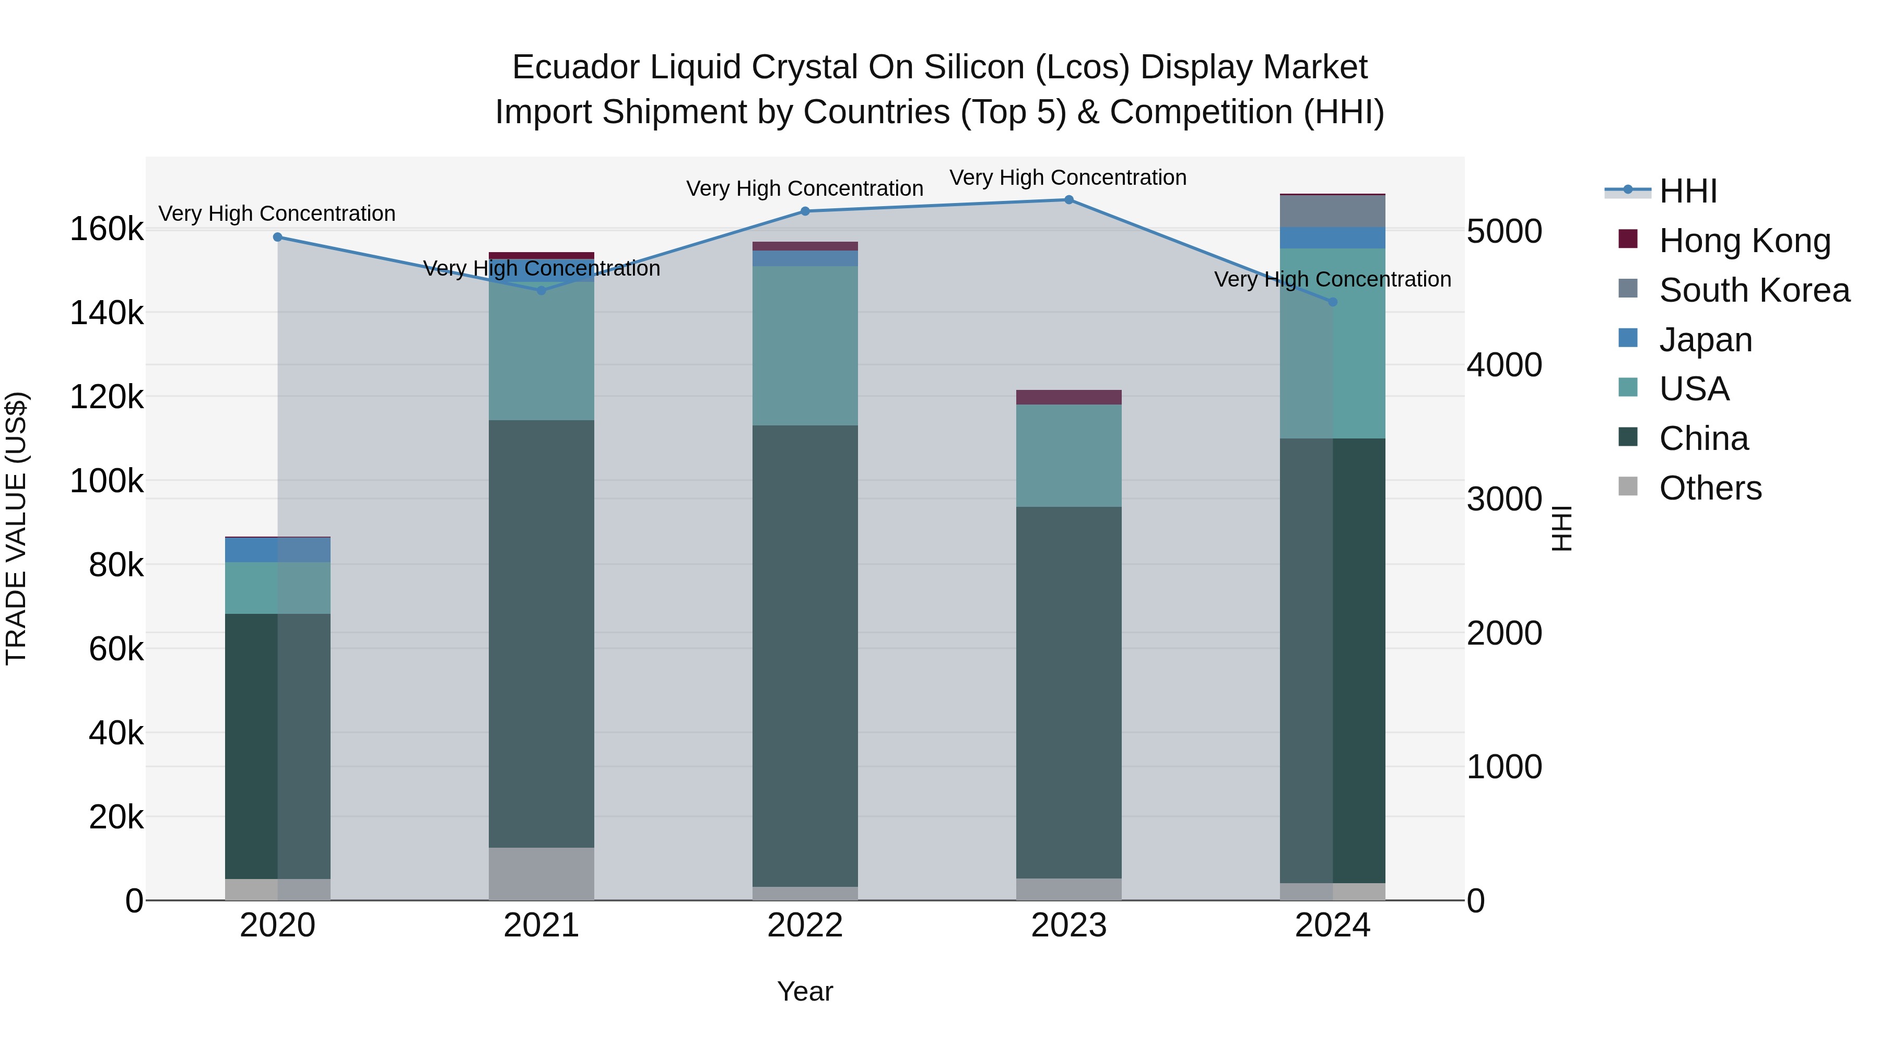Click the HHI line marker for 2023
pos(1068,200)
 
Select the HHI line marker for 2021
pos(542,290)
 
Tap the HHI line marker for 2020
pos(277,237)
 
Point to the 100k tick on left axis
pos(107,481)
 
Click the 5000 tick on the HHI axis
pos(1504,232)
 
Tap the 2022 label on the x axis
pos(805,925)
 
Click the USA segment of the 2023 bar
pos(1068,455)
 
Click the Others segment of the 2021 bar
pos(542,873)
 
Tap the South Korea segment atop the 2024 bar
pos(1333,211)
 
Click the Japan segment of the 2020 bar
pos(277,550)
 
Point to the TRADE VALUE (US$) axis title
pos(16,528)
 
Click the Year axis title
pos(805,991)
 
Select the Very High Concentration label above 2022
pos(805,188)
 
